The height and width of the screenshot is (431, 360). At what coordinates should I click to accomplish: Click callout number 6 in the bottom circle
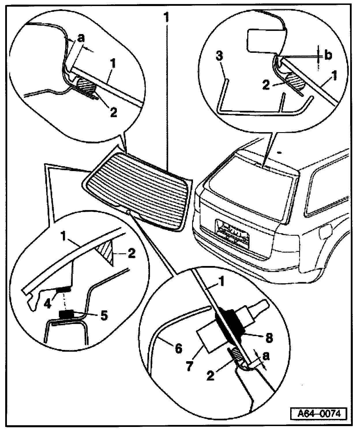coord(178,349)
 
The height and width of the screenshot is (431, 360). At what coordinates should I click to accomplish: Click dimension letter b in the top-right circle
coord(328,56)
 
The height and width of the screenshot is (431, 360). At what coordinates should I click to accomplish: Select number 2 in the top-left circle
coord(113,113)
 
